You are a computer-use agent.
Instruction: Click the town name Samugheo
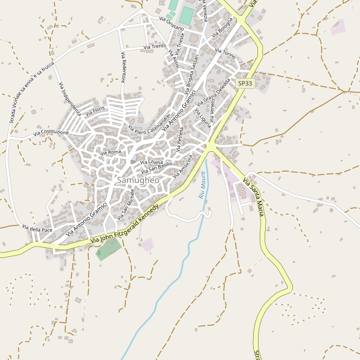(138, 180)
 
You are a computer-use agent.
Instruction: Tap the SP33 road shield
(245, 84)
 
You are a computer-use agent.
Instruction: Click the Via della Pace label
(37, 229)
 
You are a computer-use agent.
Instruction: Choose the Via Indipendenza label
(70, 99)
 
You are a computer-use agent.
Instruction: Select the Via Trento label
(155, 46)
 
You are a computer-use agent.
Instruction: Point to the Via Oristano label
(172, 24)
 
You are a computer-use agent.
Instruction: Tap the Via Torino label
(225, 52)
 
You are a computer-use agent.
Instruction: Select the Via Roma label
(112, 152)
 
